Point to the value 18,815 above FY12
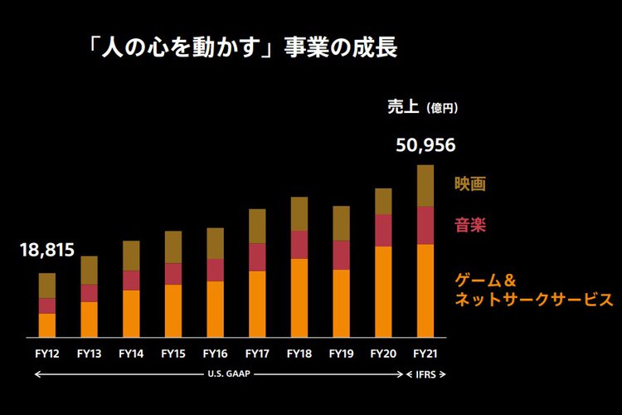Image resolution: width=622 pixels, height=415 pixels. click(x=46, y=250)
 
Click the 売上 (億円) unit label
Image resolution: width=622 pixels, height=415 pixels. click(x=422, y=107)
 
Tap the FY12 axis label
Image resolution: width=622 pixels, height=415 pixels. click(x=46, y=353)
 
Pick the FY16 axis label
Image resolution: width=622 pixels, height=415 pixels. click(x=215, y=353)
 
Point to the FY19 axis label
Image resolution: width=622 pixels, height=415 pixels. click(x=341, y=353)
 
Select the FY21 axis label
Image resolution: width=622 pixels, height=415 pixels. click(x=425, y=353)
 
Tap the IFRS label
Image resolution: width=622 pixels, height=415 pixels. click(x=425, y=373)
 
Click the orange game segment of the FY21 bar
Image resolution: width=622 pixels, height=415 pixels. click(x=425, y=290)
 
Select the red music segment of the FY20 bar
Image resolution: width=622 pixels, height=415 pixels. click(x=383, y=230)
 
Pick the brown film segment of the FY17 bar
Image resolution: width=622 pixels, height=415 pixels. click(x=257, y=226)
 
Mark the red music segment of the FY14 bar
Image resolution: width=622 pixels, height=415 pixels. click(x=131, y=281)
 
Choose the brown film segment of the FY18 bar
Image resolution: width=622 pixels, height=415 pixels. click(x=299, y=213)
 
